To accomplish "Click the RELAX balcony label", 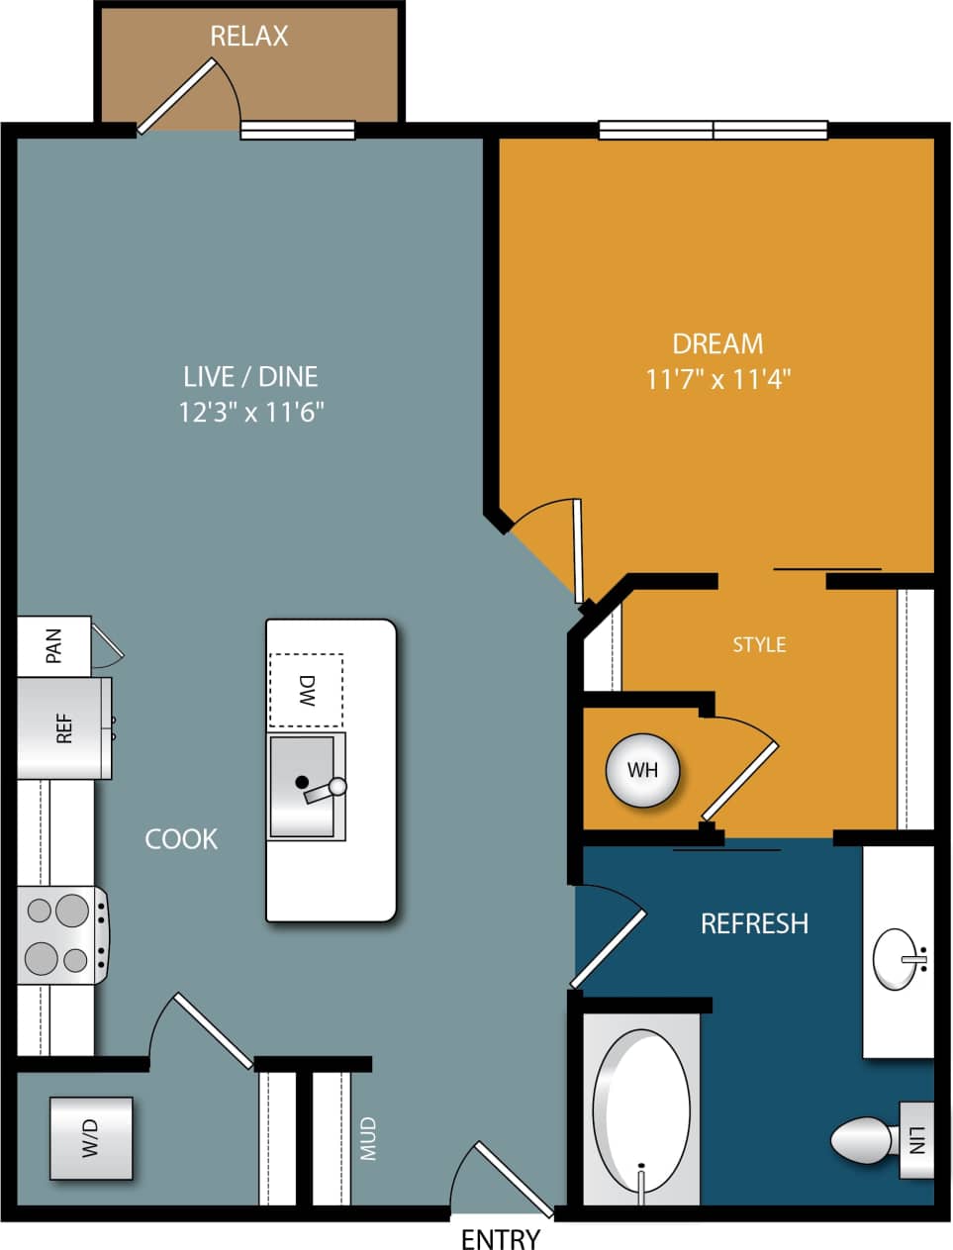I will (x=249, y=37).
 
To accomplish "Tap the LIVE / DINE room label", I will (x=250, y=376).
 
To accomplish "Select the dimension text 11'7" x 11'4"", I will (x=717, y=379).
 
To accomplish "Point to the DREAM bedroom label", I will (x=717, y=343).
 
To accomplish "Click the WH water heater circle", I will (x=642, y=769).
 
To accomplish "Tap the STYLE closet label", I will (x=759, y=644).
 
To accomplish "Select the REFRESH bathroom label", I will (x=754, y=923).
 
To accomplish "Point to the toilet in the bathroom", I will (x=863, y=1140).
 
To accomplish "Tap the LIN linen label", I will (x=916, y=1140).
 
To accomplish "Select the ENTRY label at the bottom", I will (x=501, y=1238).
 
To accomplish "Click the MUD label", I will (x=368, y=1138).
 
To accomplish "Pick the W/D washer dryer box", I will (x=91, y=1138).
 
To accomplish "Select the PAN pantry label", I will (x=53, y=645).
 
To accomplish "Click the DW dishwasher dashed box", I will (x=306, y=691).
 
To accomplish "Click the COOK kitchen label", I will (x=181, y=838).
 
